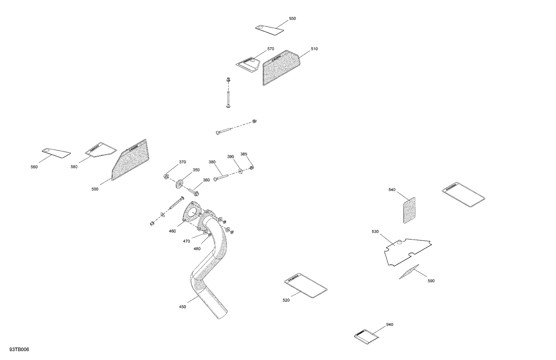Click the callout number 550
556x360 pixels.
[x=292, y=19]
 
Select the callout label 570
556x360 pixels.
[x=271, y=49]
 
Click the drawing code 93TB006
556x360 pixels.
[x=19, y=350]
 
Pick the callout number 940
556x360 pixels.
[x=390, y=325]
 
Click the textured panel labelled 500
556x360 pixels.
[x=130, y=161]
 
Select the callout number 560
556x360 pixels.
[x=34, y=167]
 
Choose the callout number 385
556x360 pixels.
[x=244, y=154]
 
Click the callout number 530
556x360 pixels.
[x=375, y=232]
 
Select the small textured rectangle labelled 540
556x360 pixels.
[x=409, y=210]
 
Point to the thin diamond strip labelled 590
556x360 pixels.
[x=409, y=272]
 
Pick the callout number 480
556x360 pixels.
[x=197, y=249]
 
